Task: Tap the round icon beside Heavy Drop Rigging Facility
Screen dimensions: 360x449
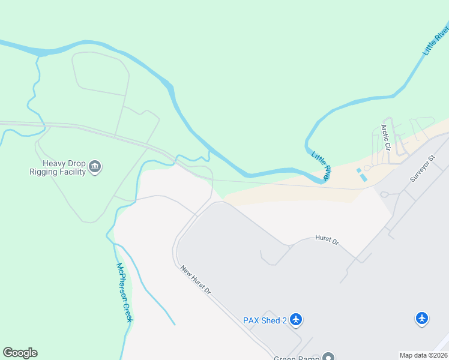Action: (x=95, y=167)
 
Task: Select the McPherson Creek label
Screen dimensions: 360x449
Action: (x=124, y=292)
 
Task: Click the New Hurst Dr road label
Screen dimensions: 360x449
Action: (x=196, y=280)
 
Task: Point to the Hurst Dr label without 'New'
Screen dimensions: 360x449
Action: (x=327, y=240)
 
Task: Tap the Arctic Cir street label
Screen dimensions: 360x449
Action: (x=385, y=137)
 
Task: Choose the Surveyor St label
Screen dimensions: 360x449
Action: (x=421, y=167)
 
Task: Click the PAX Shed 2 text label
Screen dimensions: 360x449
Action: (x=265, y=320)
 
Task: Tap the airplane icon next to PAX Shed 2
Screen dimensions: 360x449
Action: (x=296, y=319)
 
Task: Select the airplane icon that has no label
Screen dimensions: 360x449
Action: (x=422, y=318)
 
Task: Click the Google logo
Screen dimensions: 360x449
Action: (x=20, y=353)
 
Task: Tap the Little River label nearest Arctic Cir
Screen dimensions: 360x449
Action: (x=321, y=166)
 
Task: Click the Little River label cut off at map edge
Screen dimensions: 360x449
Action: (x=436, y=40)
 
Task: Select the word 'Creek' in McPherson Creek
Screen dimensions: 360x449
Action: (x=127, y=310)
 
